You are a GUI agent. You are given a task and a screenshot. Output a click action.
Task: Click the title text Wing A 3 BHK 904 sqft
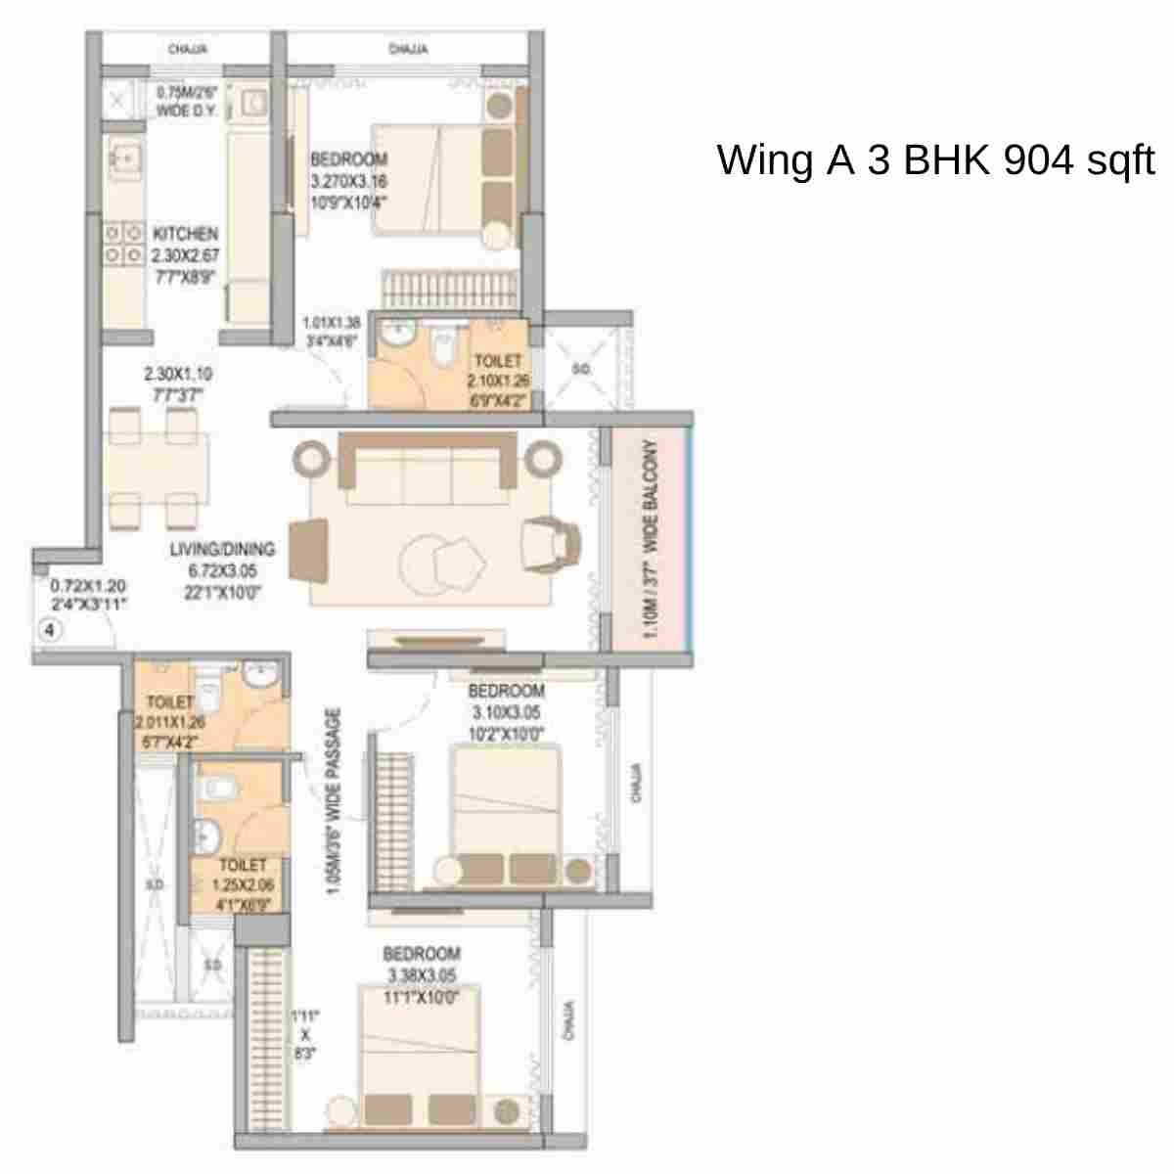pos(935,159)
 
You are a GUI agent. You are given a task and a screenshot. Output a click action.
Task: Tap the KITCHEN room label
pos(185,235)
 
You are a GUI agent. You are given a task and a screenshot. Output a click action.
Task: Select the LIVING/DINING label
pos(222,549)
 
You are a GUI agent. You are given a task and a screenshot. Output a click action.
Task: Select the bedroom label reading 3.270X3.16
pos(348,181)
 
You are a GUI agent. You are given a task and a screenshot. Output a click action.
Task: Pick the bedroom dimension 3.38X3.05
pos(422,975)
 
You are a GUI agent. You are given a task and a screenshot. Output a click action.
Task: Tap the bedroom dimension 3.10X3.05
pos(506,712)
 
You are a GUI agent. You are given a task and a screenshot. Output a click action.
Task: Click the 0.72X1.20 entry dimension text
pos(88,595)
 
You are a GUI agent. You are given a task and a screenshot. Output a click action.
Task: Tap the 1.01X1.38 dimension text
pos(332,331)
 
